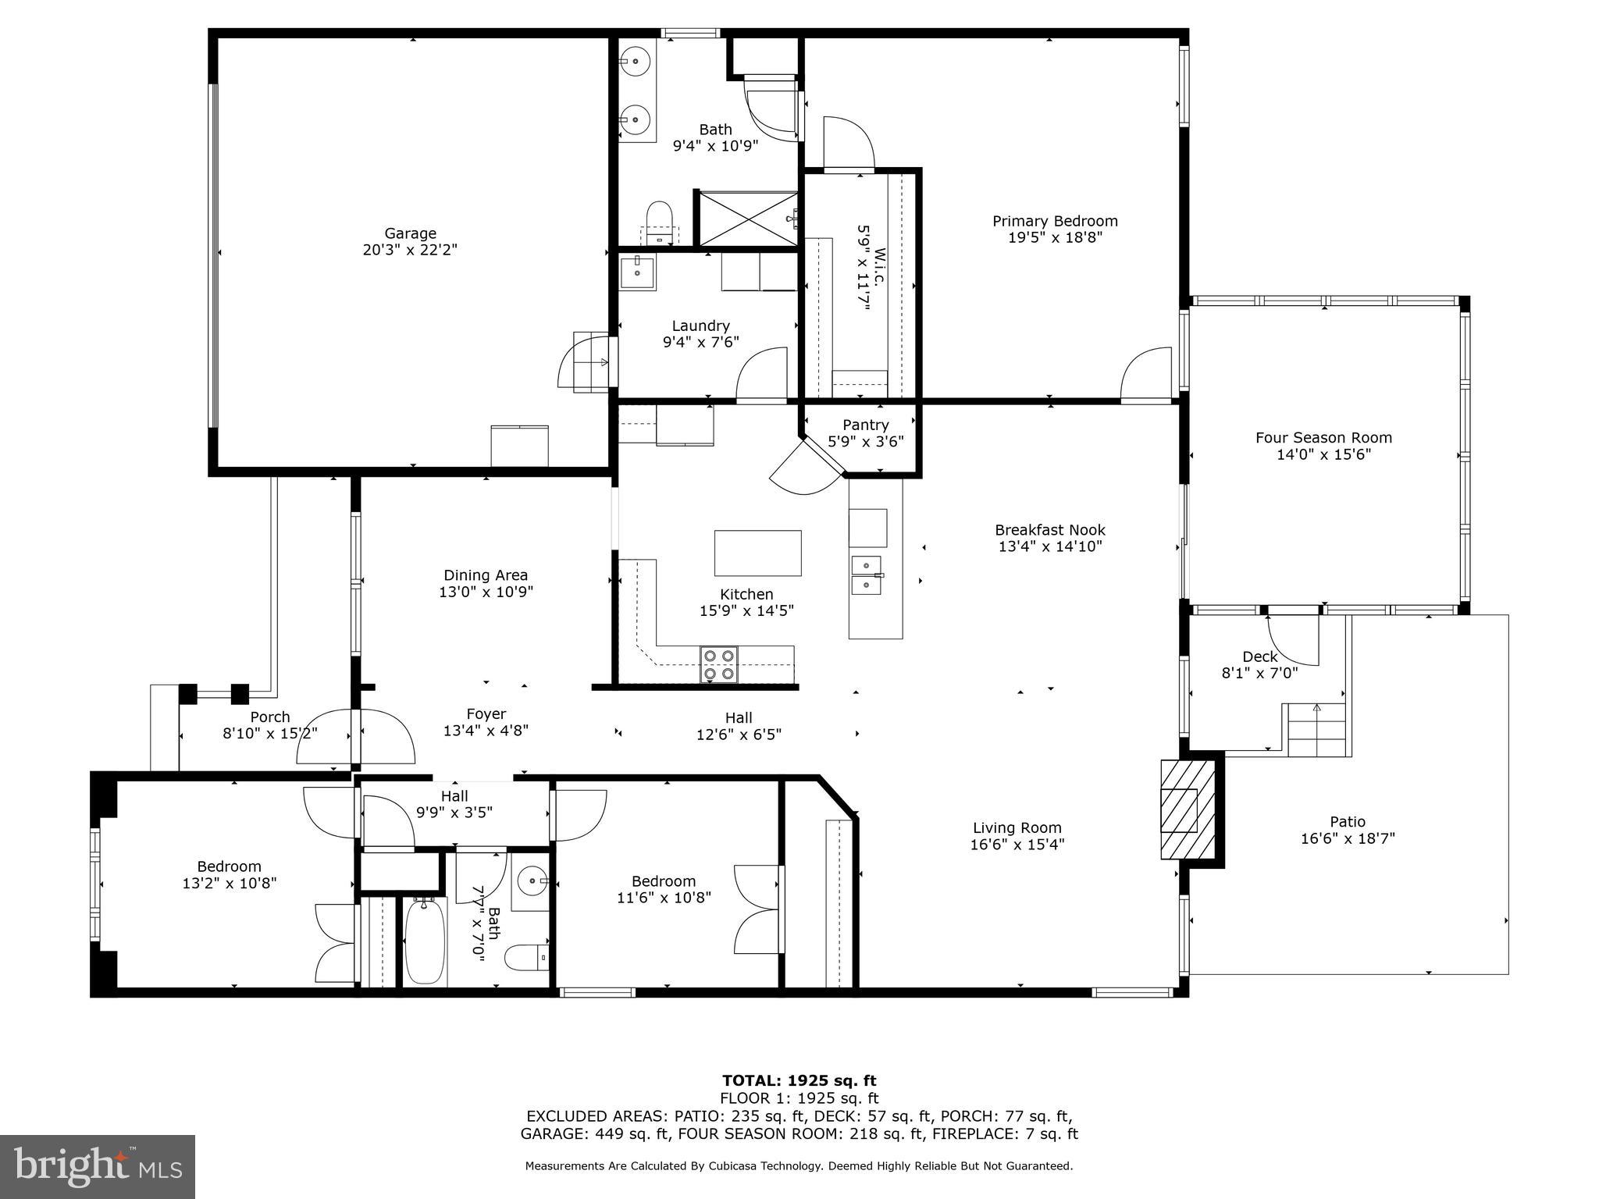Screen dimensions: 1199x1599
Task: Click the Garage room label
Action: coord(410,233)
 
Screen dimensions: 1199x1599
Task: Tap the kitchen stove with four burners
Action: coord(718,664)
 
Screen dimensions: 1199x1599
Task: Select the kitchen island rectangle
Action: coord(757,553)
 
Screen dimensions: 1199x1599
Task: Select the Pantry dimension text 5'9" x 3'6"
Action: coord(865,442)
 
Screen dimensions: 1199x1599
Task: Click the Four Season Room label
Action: coord(1323,438)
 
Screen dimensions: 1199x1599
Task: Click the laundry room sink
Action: coord(638,272)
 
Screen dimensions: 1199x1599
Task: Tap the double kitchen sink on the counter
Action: coord(867,575)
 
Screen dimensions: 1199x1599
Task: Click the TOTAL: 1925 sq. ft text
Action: coord(799,1080)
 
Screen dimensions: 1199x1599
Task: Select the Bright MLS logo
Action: coord(98,1166)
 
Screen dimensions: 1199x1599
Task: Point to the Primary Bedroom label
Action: coord(1055,221)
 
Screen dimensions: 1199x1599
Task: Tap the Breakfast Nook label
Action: coord(1049,530)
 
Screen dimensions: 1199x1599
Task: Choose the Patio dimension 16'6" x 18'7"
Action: coord(1348,839)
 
